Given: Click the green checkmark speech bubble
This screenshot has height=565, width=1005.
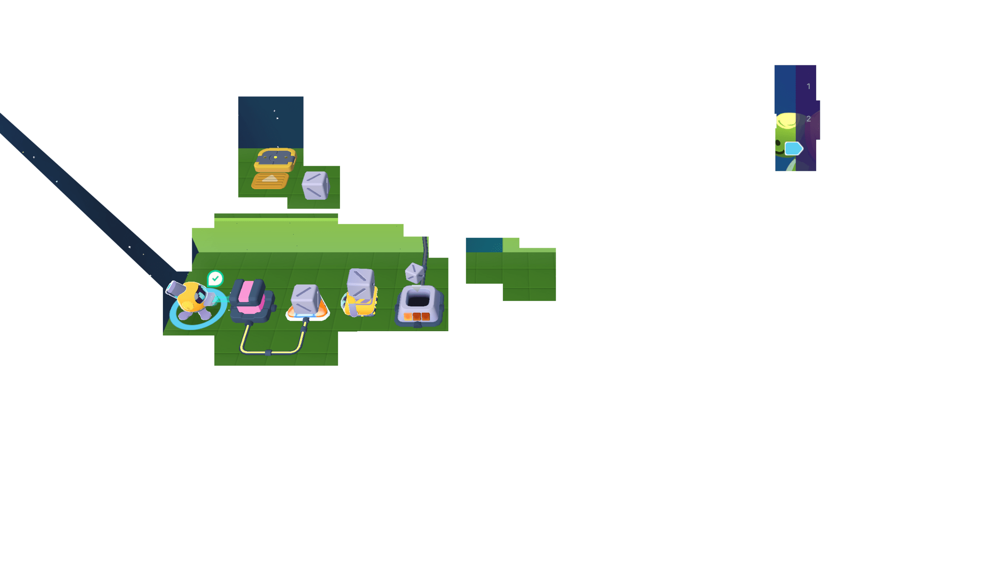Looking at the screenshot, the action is pyautogui.click(x=215, y=278).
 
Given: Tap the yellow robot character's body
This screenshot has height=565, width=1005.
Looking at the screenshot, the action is pyautogui.click(x=191, y=298).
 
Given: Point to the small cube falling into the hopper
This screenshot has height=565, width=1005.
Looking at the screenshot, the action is pyautogui.click(x=414, y=273).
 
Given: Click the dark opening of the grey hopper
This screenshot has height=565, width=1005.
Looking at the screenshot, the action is pyautogui.click(x=417, y=300).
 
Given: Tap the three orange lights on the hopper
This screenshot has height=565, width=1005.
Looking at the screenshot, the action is pyautogui.click(x=417, y=316).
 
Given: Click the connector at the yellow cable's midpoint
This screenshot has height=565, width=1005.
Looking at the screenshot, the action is pyautogui.click(x=268, y=352).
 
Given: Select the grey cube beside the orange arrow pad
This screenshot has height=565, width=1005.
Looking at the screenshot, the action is pyautogui.click(x=315, y=185).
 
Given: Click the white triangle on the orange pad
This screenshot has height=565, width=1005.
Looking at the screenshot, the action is pyautogui.click(x=270, y=179).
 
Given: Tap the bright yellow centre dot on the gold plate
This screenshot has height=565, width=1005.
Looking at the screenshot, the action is pyautogui.click(x=276, y=157).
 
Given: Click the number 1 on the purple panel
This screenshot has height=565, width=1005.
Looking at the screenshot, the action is pyautogui.click(x=809, y=87).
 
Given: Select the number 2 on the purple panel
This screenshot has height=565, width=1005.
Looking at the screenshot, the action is pyautogui.click(x=809, y=119).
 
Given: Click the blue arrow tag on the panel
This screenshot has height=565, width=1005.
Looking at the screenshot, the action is pyautogui.click(x=794, y=149).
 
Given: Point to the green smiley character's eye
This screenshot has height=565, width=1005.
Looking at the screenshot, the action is pyautogui.click(x=778, y=144).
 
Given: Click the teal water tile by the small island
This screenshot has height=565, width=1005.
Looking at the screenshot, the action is pyautogui.click(x=484, y=245).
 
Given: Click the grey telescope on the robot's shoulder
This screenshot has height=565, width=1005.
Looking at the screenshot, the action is pyautogui.click(x=175, y=288).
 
